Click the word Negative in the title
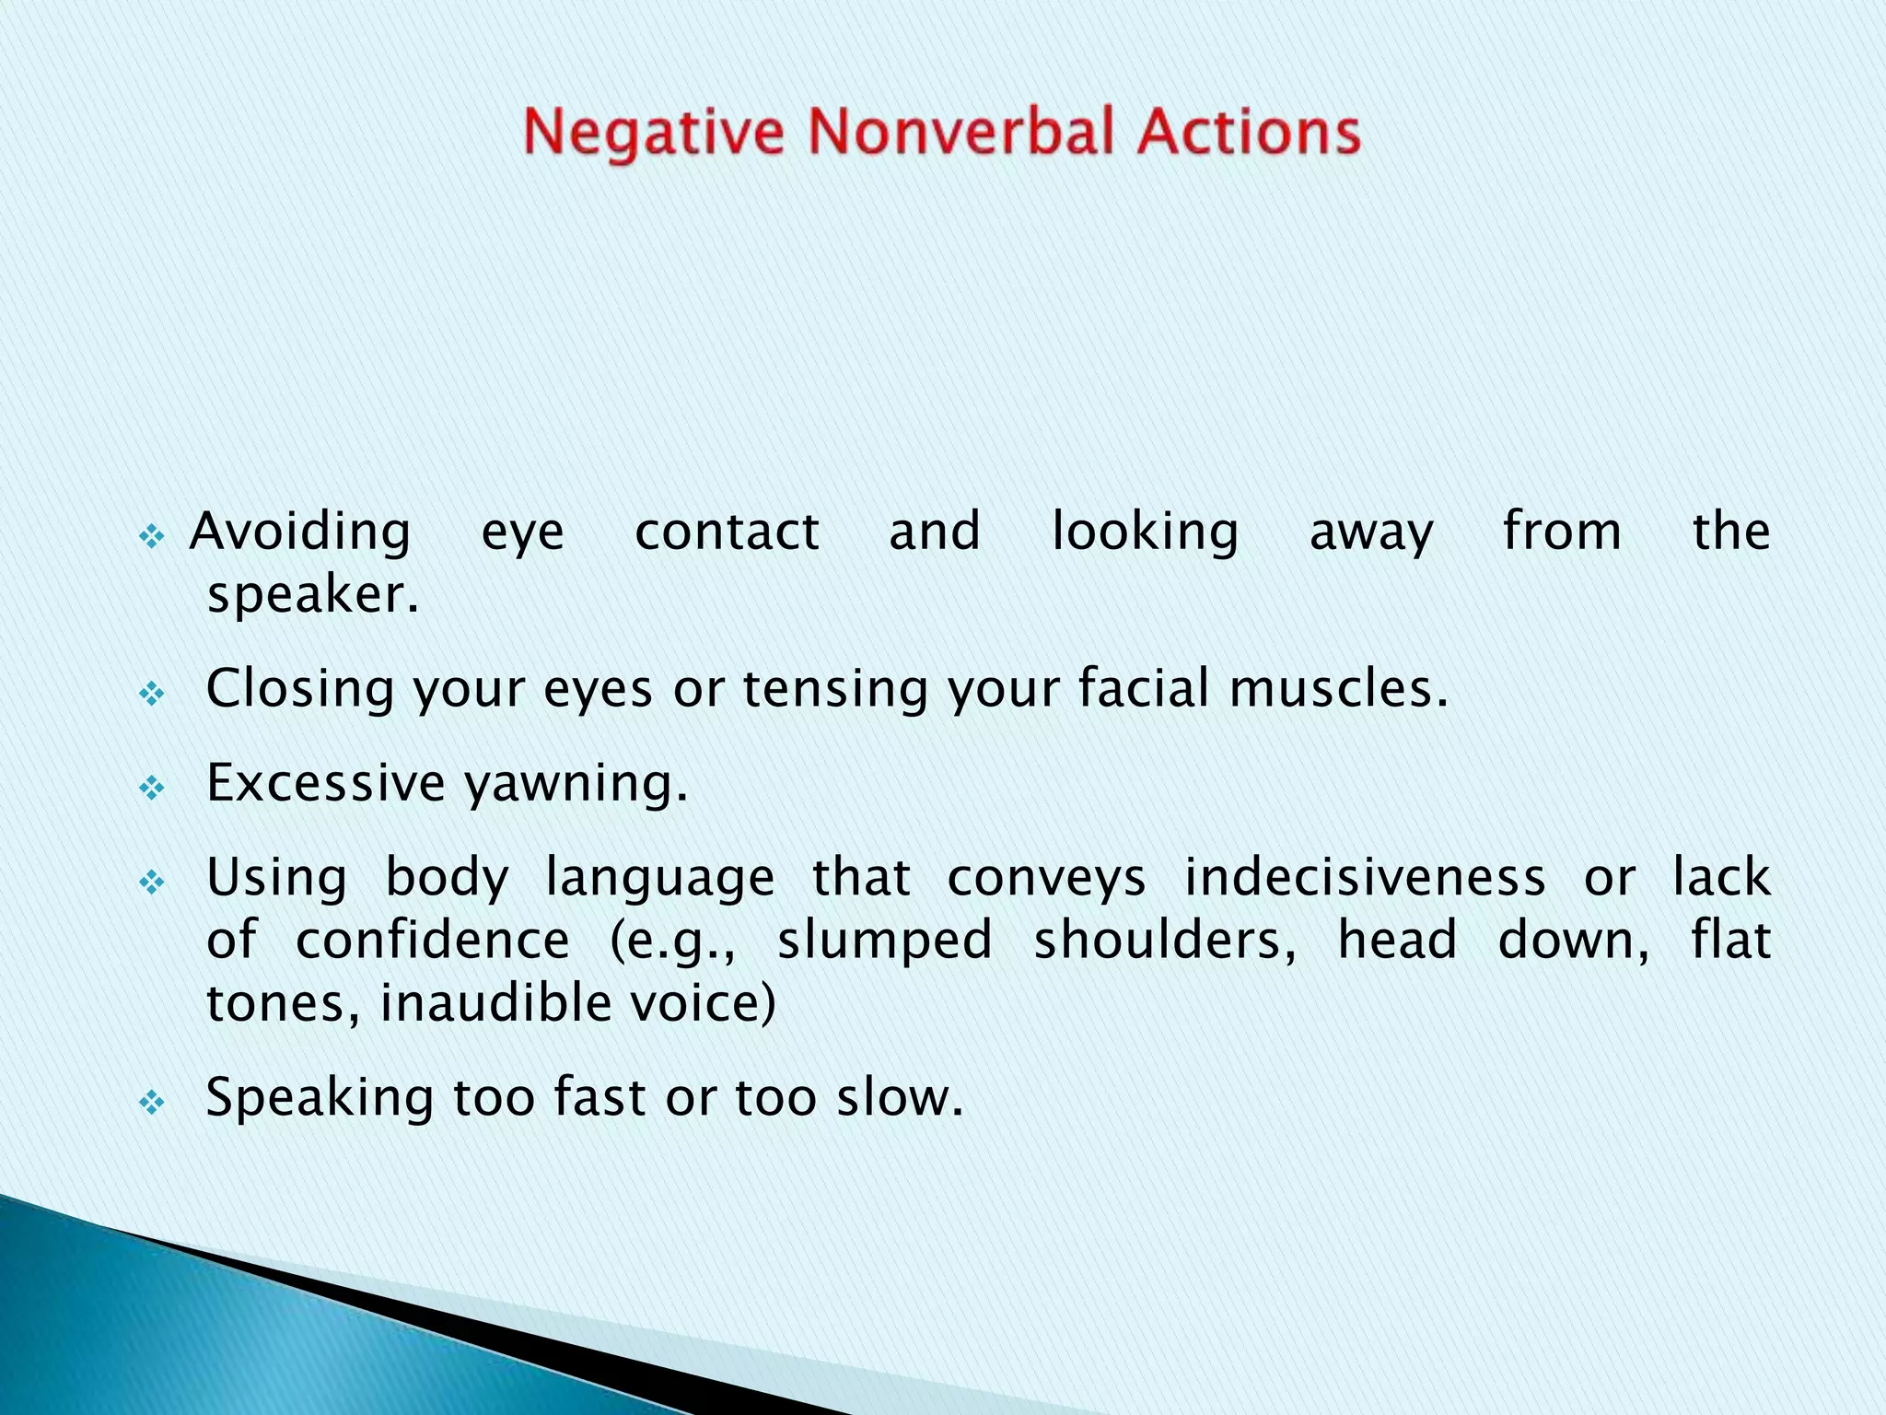(653, 132)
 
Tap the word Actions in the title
(1248, 132)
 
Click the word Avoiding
(300, 532)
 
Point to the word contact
(727, 532)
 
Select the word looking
(1145, 532)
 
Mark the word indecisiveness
(1365, 877)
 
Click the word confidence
(433, 941)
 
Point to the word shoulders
(1165, 941)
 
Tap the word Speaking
(320, 1099)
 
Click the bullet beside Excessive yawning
(152, 788)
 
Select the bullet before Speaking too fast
(152, 1102)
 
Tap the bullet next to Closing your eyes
(152, 693)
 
